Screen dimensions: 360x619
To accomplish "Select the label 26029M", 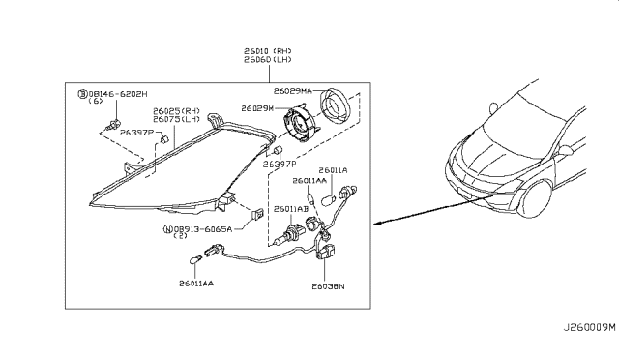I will click(x=259, y=108).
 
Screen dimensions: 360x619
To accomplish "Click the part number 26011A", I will click(x=333, y=170).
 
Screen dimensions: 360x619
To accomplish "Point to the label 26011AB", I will click(x=289, y=209).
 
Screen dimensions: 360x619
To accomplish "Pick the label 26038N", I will click(x=329, y=286).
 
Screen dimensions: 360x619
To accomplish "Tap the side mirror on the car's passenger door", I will click(x=560, y=151).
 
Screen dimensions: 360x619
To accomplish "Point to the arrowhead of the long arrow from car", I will click(x=378, y=223).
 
